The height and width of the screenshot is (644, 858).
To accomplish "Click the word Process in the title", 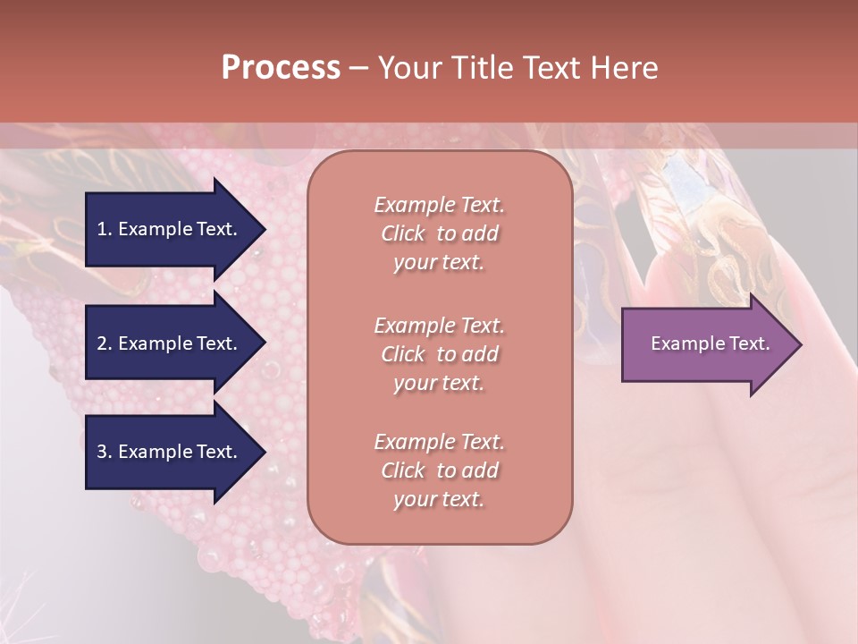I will [x=281, y=68].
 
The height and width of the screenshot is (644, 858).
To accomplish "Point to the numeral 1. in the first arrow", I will [x=105, y=229].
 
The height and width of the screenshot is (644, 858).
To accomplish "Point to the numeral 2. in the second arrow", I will [x=105, y=343].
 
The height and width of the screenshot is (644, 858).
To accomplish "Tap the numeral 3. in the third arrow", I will [x=105, y=452].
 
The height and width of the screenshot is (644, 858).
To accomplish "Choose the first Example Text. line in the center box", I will [x=439, y=205].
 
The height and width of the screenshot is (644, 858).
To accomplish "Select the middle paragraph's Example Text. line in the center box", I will [x=439, y=326].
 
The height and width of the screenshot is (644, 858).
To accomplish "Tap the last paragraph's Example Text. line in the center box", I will [x=439, y=442].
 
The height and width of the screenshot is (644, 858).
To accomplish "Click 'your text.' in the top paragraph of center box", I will [x=439, y=263].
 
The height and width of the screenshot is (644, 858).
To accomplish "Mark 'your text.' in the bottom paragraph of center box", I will [x=439, y=500].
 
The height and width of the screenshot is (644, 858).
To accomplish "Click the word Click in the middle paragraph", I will [x=403, y=354].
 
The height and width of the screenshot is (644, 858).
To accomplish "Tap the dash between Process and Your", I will [x=358, y=68].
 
